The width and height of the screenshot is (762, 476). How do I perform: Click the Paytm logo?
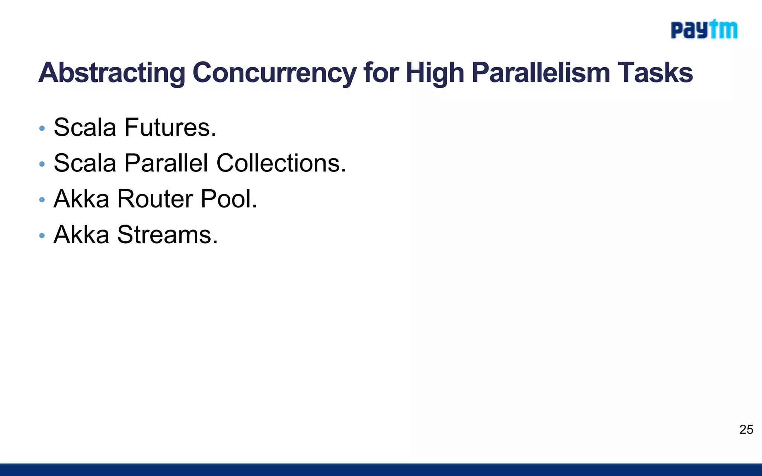704,30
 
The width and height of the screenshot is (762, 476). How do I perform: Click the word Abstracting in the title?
112,73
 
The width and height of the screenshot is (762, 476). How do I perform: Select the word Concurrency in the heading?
274,73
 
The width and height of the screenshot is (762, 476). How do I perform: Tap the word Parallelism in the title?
541,73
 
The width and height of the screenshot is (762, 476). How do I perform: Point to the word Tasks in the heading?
655,73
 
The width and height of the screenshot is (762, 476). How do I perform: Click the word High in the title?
435,73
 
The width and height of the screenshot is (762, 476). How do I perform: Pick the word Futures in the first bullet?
170,128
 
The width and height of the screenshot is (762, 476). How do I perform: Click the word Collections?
281,163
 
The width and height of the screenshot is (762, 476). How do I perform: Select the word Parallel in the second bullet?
166,163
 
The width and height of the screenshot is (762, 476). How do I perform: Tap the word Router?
155,199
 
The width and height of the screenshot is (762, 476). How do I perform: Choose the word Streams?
167,235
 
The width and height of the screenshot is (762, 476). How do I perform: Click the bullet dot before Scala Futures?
42,129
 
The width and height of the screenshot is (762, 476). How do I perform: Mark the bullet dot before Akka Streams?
42,236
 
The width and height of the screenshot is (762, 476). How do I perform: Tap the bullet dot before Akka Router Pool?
42,200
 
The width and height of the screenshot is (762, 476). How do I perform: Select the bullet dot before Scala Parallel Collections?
42,164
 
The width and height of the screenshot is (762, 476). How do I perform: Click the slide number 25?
746,430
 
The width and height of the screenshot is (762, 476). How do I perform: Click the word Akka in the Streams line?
81,235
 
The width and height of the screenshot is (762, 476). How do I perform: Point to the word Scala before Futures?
85,128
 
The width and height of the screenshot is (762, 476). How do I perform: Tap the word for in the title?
381,73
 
